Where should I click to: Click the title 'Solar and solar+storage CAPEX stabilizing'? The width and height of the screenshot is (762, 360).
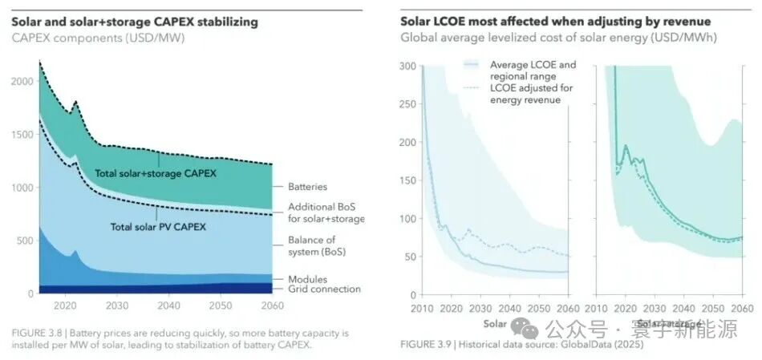[135, 22]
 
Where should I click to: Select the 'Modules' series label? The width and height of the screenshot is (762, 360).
[308, 279]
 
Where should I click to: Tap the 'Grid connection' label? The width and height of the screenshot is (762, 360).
[324, 289]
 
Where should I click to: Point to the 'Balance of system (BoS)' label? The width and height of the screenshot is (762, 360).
[312, 245]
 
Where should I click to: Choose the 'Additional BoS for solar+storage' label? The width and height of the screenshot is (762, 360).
[326, 213]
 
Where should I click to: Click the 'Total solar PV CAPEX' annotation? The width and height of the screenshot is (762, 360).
[158, 227]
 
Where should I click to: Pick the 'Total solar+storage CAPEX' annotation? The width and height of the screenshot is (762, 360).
[156, 173]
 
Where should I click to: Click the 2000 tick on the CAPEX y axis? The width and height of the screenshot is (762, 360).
[24, 81]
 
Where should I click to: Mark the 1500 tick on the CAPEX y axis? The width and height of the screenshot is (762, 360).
[24, 135]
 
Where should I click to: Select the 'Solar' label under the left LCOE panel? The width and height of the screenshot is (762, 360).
[495, 324]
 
